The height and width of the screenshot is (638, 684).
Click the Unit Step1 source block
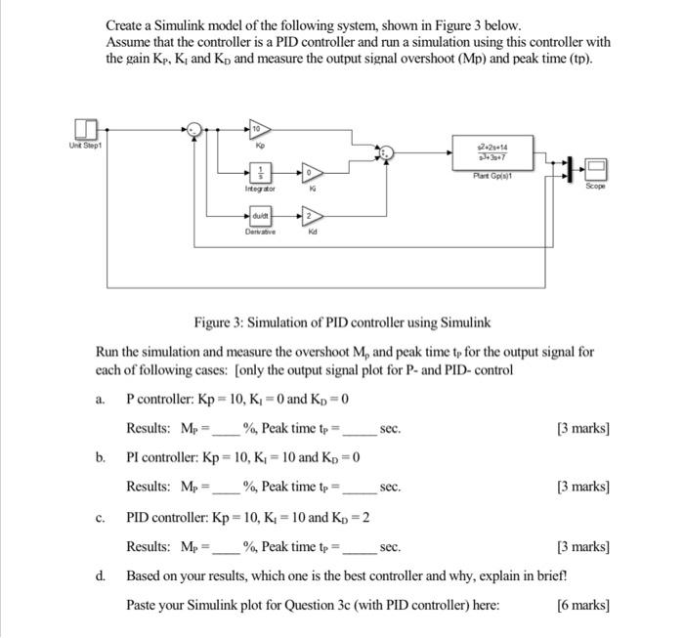click(x=85, y=130)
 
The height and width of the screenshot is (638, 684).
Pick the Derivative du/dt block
click(x=259, y=217)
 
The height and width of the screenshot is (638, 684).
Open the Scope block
click(x=596, y=167)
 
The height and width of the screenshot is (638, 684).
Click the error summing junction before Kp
click(x=194, y=129)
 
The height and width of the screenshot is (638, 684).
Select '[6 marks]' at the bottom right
click(x=583, y=605)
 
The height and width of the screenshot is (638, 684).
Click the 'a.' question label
click(x=102, y=399)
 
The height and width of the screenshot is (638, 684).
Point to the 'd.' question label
click(x=102, y=574)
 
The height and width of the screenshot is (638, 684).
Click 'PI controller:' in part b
click(x=161, y=457)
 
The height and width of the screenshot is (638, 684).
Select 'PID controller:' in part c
click(x=165, y=516)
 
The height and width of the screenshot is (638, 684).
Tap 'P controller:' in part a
click(x=159, y=399)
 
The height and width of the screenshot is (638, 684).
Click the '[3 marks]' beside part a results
click(x=583, y=428)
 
